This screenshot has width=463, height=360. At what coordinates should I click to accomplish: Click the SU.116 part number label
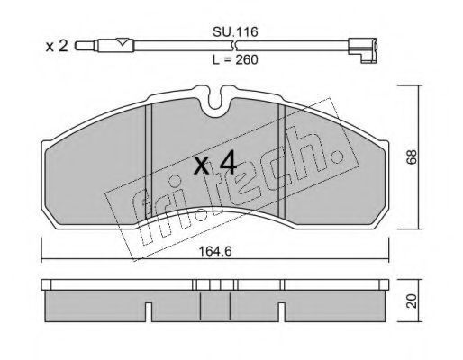tap(235, 31)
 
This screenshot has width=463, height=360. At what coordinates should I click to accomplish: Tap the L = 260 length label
tap(235, 60)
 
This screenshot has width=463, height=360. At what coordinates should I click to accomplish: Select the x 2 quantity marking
tap(57, 46)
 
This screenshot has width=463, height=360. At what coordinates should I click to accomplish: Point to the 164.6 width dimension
tap(215, 251)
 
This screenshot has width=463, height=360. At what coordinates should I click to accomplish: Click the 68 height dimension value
tap(412, 157)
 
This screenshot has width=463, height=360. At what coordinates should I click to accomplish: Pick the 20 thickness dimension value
tap(412, 301)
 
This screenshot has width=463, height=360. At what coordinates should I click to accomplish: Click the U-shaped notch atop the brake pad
tap(219, 101)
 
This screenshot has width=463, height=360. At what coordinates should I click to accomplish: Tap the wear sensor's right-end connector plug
tap(362, 50)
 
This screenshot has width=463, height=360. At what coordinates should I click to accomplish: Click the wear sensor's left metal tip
tap(86, 46)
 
